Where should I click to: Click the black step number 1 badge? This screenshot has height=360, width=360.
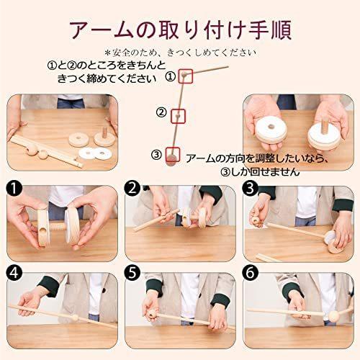tap(14, 189)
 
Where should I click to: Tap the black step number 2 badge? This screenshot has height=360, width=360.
tap(132, 189)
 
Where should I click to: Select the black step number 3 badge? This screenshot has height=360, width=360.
tap(250, 189)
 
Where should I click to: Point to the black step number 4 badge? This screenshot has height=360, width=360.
tap(14, 273)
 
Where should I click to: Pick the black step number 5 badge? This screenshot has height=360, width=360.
tap(132, 273)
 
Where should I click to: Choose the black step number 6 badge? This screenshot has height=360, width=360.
tap(250, 273)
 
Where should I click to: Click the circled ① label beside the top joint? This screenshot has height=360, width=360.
tap(171, 77)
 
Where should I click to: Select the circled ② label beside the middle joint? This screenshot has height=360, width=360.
tap(161, 112)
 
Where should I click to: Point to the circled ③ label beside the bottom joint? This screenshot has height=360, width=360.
tap(156, 155)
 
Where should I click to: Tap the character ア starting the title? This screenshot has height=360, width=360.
tap(81, 30)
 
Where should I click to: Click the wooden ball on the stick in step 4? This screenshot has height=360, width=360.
tap(76, 317)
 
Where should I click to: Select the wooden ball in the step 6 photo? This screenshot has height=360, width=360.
tap(334, 316)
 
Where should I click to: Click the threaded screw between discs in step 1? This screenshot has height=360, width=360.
tap(57, 227)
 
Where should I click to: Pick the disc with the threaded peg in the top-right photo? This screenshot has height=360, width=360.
tap(324, 137)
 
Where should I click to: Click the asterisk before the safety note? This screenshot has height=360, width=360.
tap(107, 52)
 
